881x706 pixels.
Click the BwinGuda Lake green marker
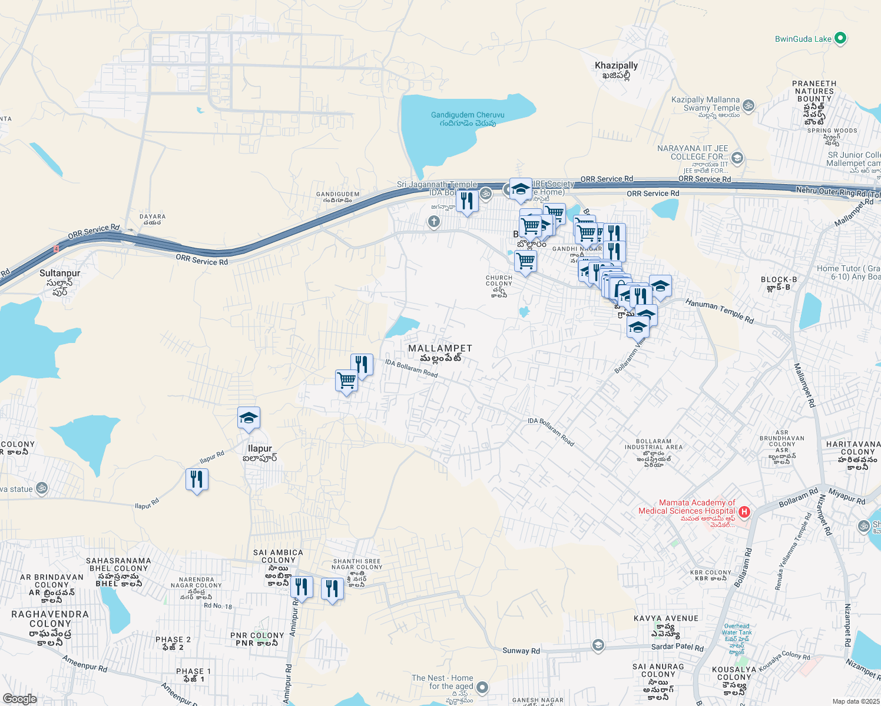(x=840, y=39)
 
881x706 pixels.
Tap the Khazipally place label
(x=616, y=66)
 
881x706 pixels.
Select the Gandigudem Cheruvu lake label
(x=468, y=115)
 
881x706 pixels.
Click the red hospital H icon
(x=744, y=512)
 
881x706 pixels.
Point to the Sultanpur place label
(x=59, y=274)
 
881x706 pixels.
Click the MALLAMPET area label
(x=440, y=349)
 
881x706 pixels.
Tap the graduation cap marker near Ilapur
(x=249, y=418)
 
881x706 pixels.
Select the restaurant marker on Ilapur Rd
(x=197, y=479)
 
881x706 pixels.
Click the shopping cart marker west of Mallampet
(x=346, y=381)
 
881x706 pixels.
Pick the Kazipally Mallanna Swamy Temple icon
(x=748, y=106)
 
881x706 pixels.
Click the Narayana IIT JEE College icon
(x=737, y=158)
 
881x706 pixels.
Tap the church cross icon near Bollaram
(x=434, y=222)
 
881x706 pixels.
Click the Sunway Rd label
(x=521, y=651)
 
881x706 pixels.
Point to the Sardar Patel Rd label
(x=677, y=647)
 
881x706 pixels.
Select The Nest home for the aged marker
(x=482, y=687)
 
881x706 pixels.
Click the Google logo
(x=19, y=699)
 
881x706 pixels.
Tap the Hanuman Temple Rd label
(x=719, y=311)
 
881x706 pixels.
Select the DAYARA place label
(x=152, y=217)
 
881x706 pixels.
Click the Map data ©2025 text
(x=855, y=701)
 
